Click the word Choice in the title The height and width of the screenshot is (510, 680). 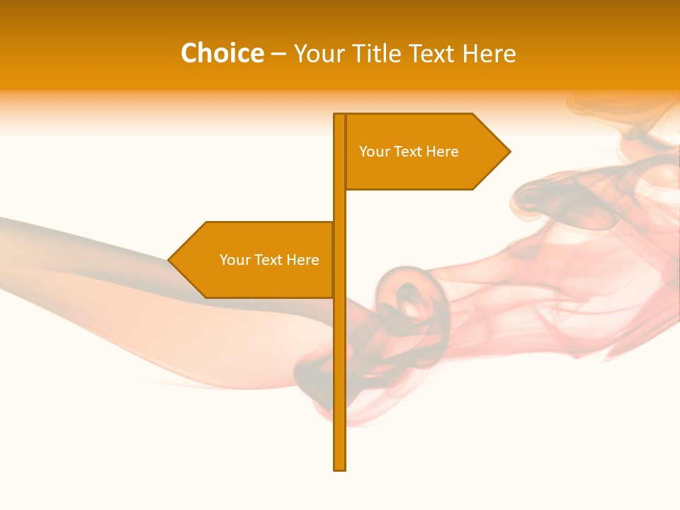[222, 53]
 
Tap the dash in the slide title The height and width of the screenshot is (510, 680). [278, 54]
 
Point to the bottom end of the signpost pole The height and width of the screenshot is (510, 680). [339, 467]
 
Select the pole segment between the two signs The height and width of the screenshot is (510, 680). [339, 205]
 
